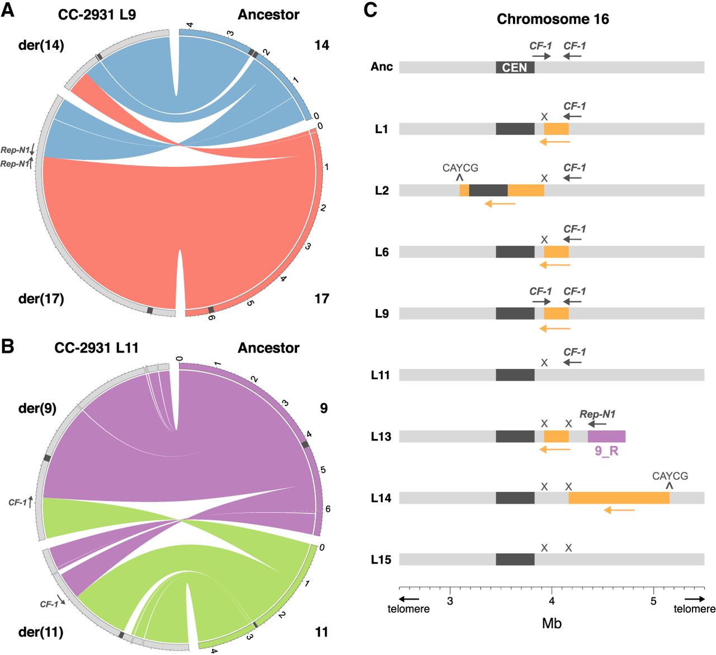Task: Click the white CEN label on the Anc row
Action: coord(515,68)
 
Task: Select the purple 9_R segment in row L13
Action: coord(606,437)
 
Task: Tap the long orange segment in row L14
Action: coord(619,498)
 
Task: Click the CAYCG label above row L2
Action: coord(460,168)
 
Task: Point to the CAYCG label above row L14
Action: coord(670,476)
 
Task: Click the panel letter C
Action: coord(370,10)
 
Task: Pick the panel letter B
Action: coord(8,346)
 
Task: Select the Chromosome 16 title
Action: coord(552,19)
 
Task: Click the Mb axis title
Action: coord(552,623)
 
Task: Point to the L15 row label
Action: coord(381,560)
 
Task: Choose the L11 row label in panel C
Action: coord(381,375)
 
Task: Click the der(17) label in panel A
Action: coord(41,298)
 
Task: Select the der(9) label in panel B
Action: coord(37,408)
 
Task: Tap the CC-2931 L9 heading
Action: coord(97,15)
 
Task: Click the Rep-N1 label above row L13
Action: coord(597,414)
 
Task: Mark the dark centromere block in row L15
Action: coord(515,559)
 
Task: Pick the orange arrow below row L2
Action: coord(500,204)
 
